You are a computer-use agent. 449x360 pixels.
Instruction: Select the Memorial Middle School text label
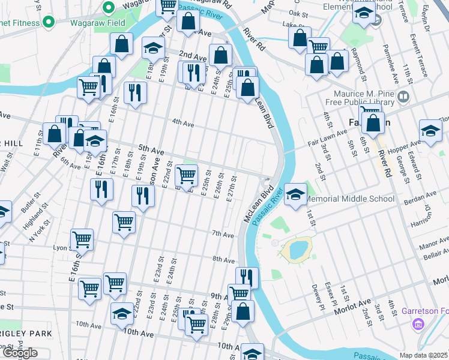tap(350, 199)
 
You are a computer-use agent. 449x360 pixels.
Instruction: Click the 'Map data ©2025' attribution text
tap(423, 355)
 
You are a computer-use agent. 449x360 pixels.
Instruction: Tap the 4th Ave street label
tap(183, 123)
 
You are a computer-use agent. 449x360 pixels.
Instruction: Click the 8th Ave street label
tap(223, 260)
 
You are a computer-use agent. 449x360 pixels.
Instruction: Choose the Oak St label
tap(298, 12)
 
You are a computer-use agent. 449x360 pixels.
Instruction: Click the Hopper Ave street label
tap(408, 145)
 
